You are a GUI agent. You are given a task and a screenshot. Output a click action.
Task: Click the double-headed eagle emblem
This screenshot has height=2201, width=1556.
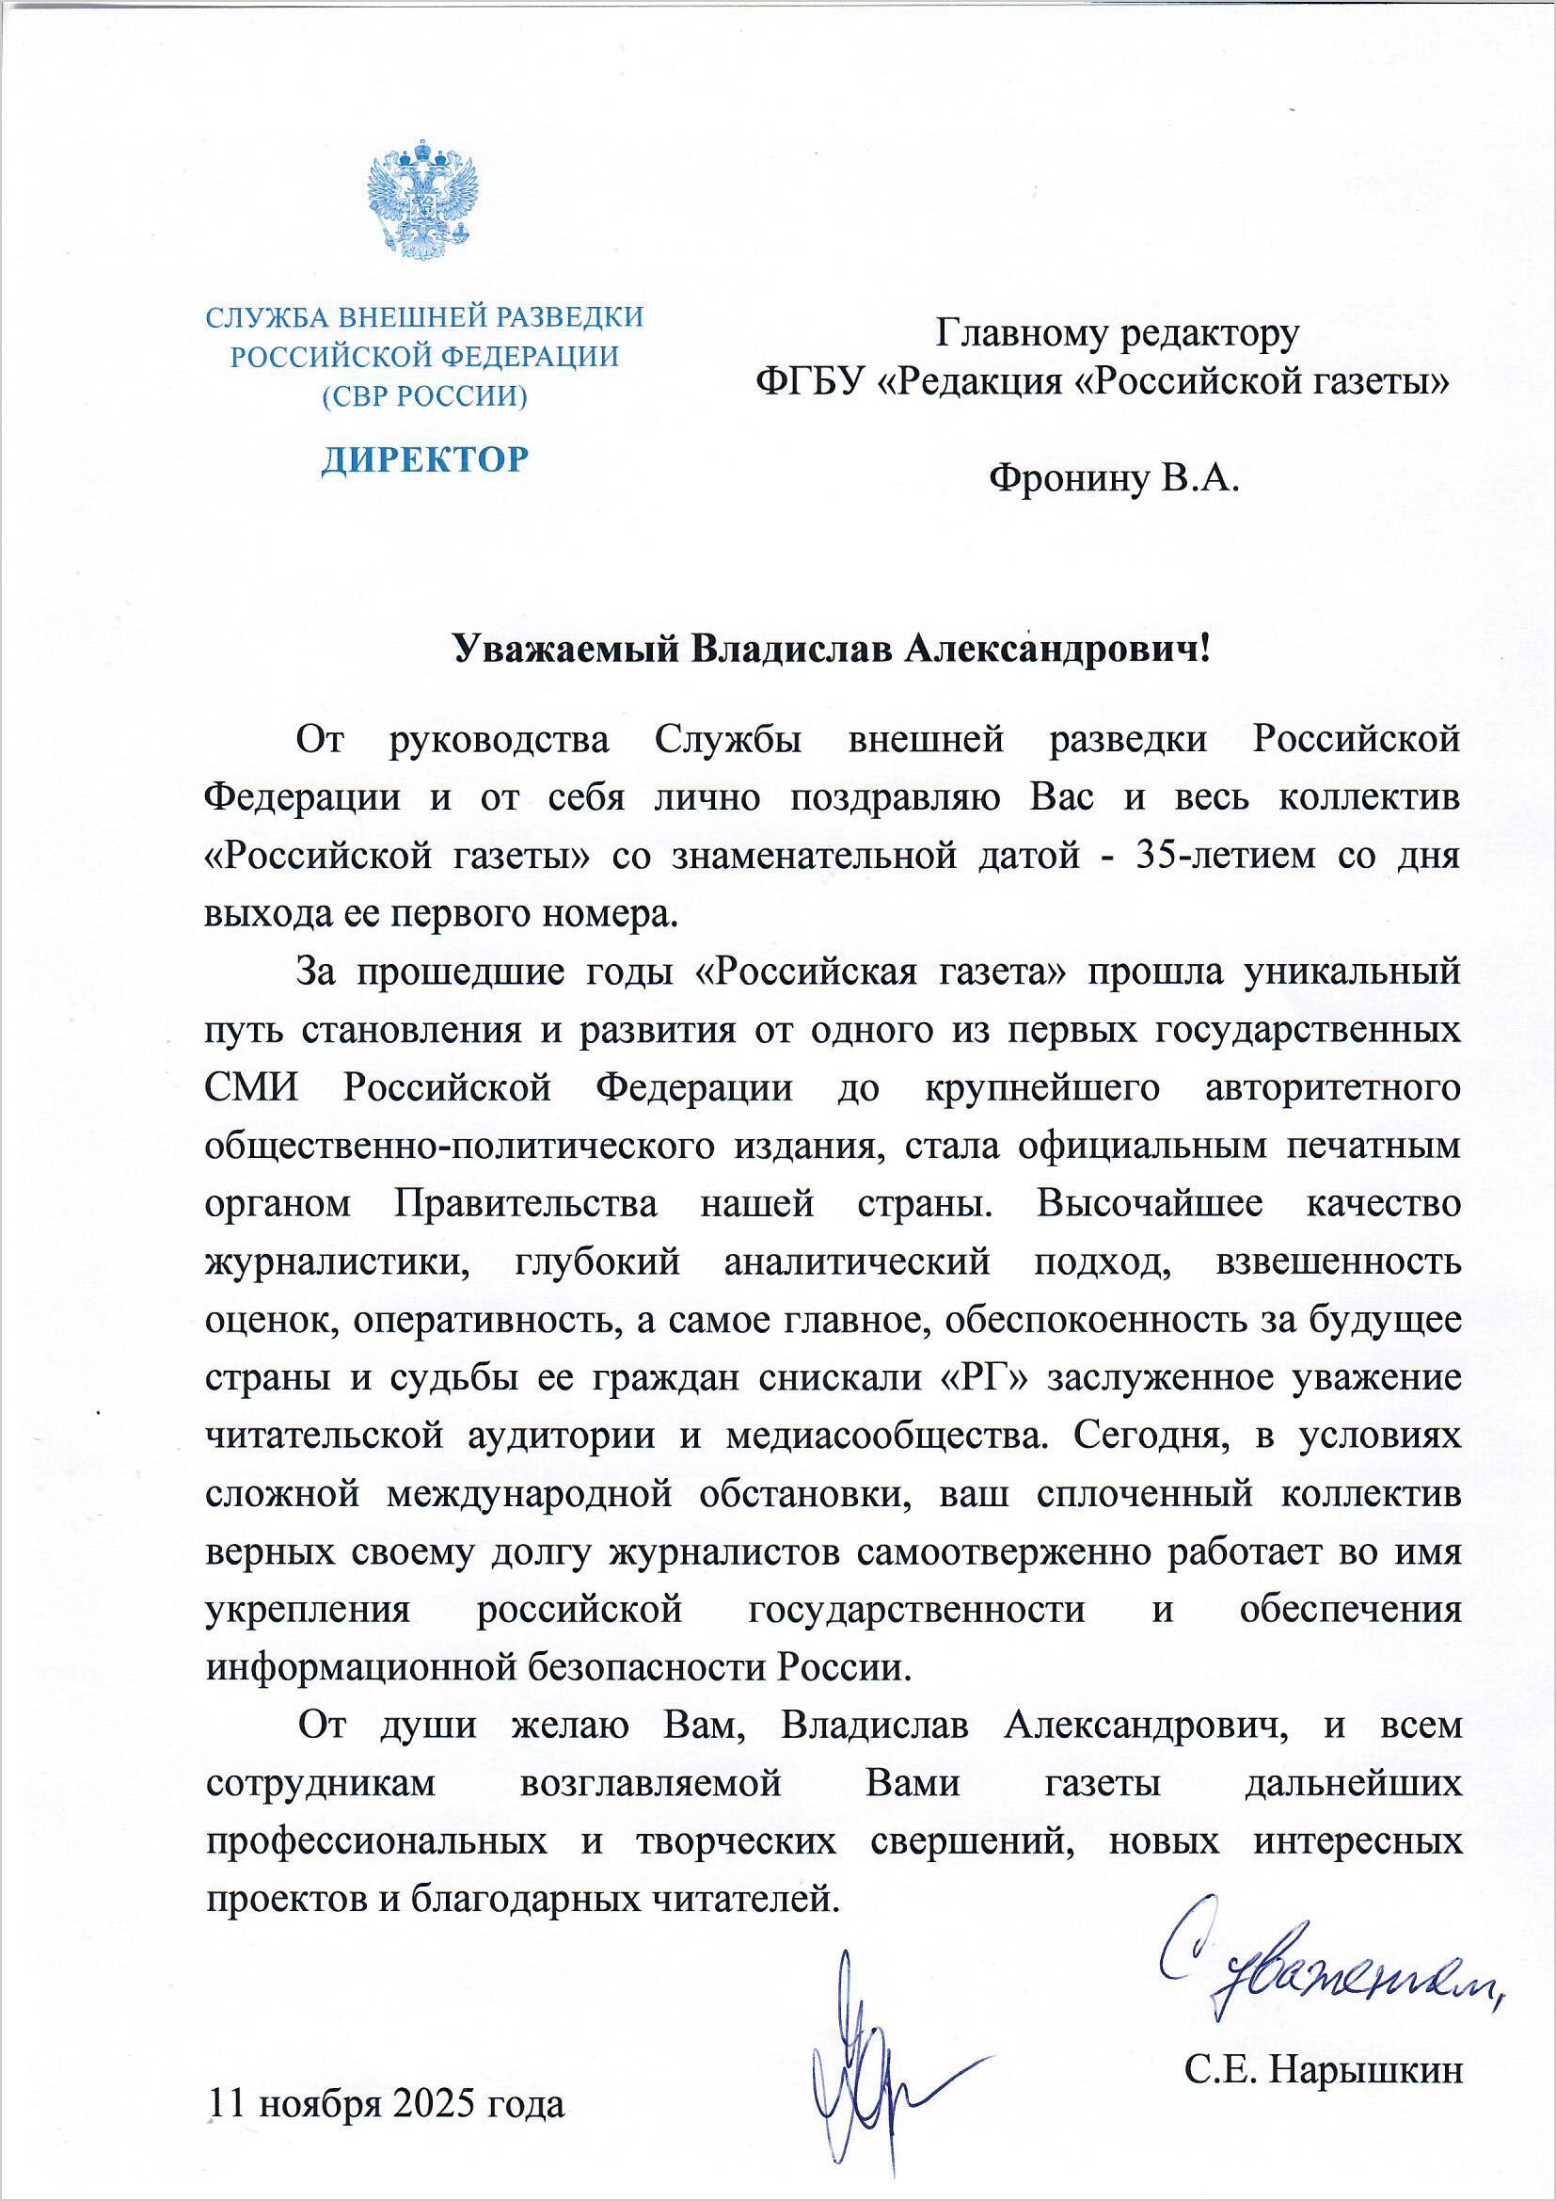[x=422, y=201]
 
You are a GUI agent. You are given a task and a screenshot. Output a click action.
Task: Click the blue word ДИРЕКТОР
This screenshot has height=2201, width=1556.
[x=423, y=460]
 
